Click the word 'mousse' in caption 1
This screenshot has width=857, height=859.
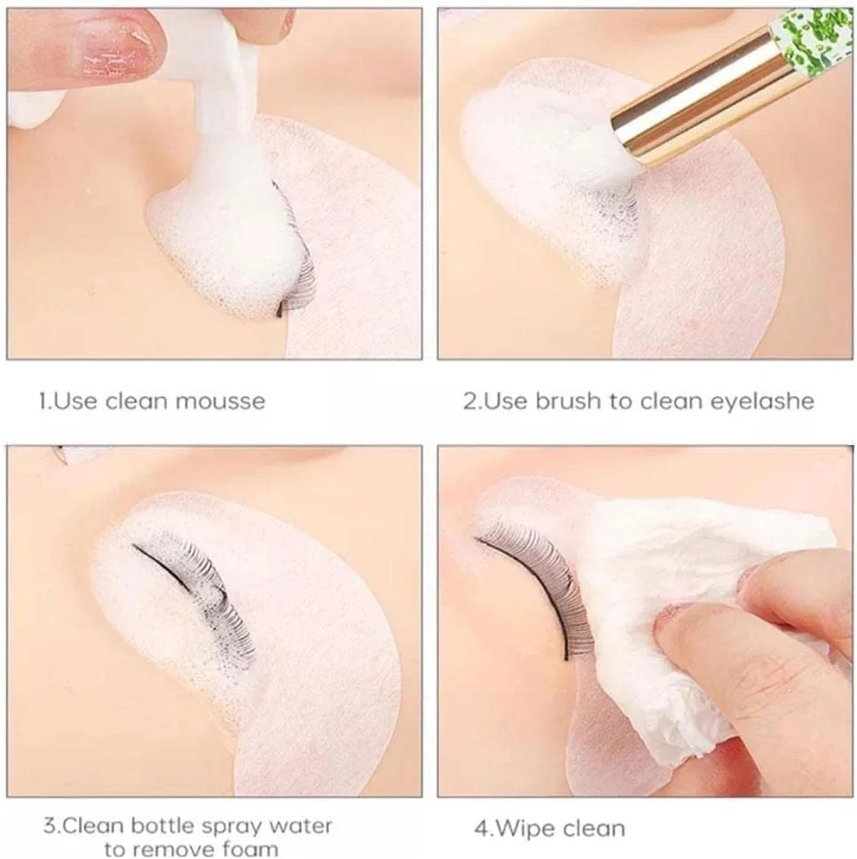coord(220,402)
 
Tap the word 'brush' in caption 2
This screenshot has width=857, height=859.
coord(568,401)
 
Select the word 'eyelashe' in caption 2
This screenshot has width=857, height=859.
coord(762,402)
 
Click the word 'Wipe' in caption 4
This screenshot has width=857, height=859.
coord(522,829)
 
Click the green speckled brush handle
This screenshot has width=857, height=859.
coord(814,34)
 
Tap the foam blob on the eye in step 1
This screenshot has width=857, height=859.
coord(224,241)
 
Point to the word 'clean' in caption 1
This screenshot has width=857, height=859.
coord(137,402)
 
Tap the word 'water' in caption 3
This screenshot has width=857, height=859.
coord(305,826)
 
